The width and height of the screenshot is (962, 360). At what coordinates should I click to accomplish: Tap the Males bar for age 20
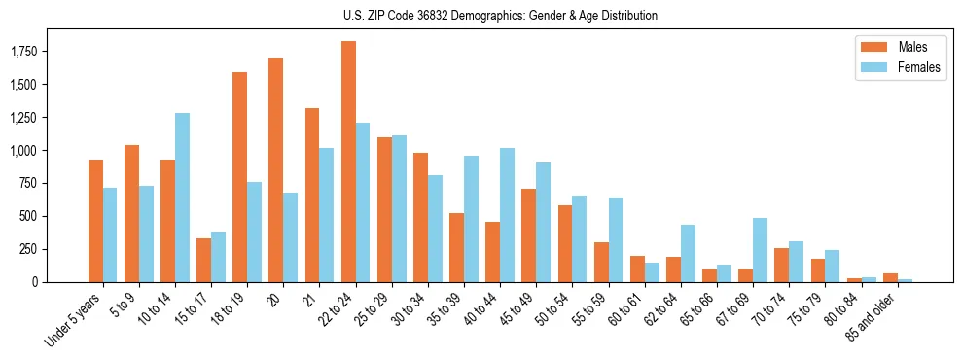pyautogui.click(x=276, y=170)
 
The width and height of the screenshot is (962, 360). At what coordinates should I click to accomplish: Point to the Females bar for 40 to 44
pyautogui.click(x=508, y=215)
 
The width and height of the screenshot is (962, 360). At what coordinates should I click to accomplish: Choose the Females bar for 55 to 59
pyautogui.click(x=616, y=239)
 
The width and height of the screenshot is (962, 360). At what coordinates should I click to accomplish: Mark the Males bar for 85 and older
pyautogui.click(x=890, y=277)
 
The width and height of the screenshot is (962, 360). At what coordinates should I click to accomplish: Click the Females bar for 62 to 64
pyautogui.click(x=689, y=253)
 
